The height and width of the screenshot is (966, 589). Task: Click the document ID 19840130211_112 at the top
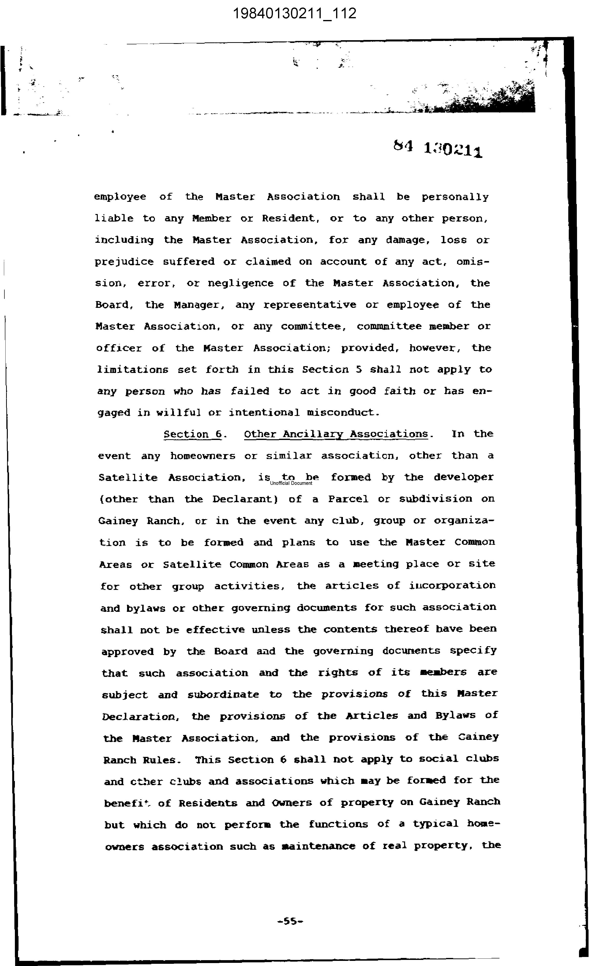pos(295,14)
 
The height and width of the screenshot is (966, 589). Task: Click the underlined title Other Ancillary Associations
pos(336,434)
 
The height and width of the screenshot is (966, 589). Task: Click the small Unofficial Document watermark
pos(291,483)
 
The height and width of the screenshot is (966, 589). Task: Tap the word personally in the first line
pos(455,197)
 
